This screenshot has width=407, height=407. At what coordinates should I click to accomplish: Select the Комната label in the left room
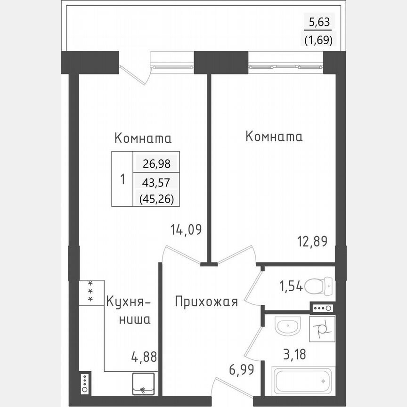click(143, 138)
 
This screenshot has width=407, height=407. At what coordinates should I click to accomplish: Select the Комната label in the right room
click(274, 137)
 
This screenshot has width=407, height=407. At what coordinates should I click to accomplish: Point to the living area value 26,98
click(156, 164)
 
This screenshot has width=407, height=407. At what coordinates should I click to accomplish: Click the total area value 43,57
click(156, 182)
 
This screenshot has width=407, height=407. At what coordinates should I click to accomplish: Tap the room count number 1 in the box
click(122, 179)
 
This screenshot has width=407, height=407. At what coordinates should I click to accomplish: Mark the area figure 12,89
click(311, 242)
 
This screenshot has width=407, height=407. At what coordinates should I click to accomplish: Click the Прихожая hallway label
click(206, 301)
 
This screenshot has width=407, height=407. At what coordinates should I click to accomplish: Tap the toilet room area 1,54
click(290, 285)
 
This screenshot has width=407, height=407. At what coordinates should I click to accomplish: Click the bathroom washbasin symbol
click(287, 326)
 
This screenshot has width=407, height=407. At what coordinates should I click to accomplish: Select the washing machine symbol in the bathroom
click(322, 328)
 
